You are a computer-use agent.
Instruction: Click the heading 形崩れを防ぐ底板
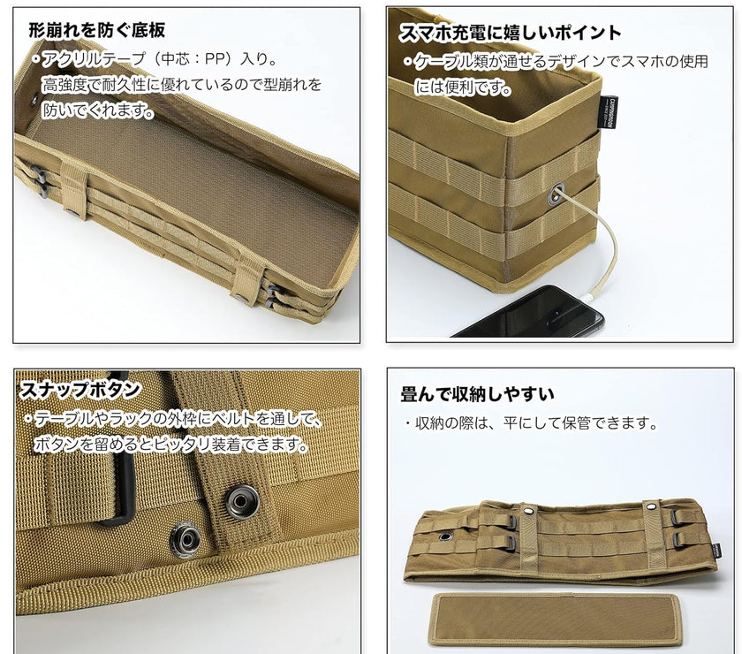tap(97, 30)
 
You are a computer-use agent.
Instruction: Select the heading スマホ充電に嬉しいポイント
tap(510, 33)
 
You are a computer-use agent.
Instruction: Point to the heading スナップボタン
tap(79, 390)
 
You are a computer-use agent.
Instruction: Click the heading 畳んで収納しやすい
tap(477, 394)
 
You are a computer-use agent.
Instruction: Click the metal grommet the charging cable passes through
tap(556, 194)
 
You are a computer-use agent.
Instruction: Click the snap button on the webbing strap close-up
tap(242, 501)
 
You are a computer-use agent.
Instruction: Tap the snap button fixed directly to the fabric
tap(185, 539)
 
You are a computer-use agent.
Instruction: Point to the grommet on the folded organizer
tap(445, 536)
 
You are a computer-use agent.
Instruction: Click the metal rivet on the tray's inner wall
tap(34, 101)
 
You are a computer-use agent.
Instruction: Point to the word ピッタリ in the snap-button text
tap(182, 445)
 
